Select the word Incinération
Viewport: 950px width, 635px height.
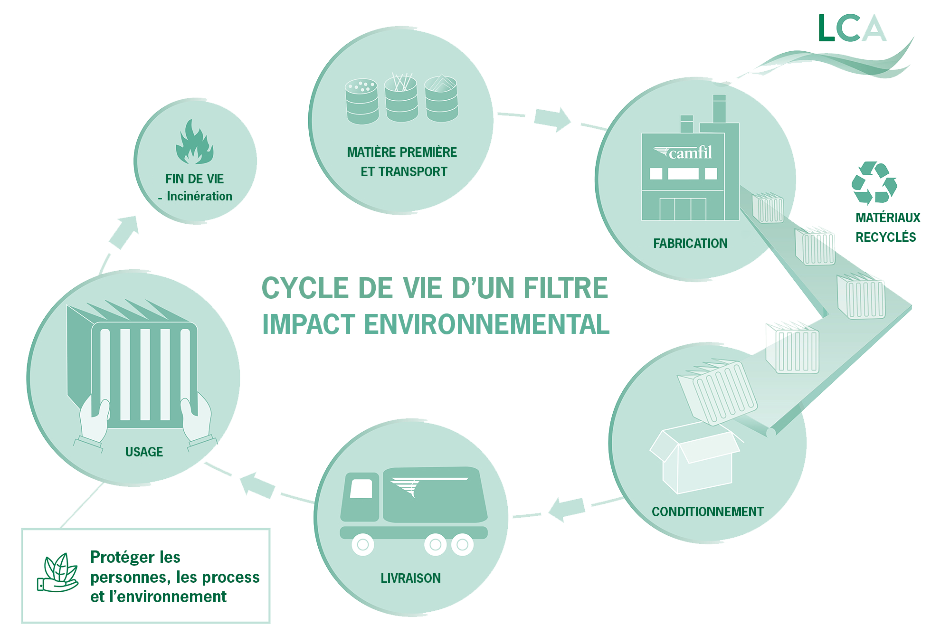(199, 196)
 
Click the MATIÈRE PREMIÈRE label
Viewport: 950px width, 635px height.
(402, 152)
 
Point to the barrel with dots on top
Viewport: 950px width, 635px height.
(362, 101)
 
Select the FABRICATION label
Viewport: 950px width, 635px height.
(690, 244)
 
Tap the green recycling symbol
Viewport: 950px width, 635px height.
(874, 183)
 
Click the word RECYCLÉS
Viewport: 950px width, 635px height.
(886, 237)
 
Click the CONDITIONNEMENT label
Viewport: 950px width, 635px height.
(707, 512)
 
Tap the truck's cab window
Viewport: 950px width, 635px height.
(361, 489)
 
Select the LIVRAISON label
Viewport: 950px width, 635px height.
(410, 578)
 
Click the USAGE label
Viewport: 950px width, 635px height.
(144, 452)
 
